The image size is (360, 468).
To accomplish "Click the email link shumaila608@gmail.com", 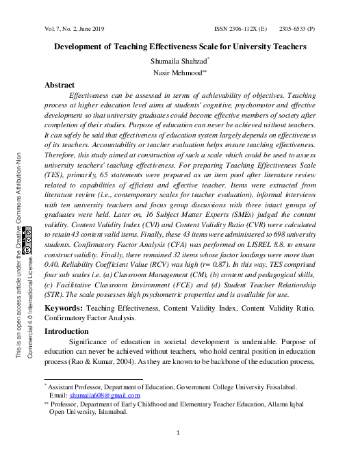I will coord(110,395).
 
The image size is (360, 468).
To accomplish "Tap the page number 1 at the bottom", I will coord(178,432).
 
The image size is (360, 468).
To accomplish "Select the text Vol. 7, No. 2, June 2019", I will coord(75,29).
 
